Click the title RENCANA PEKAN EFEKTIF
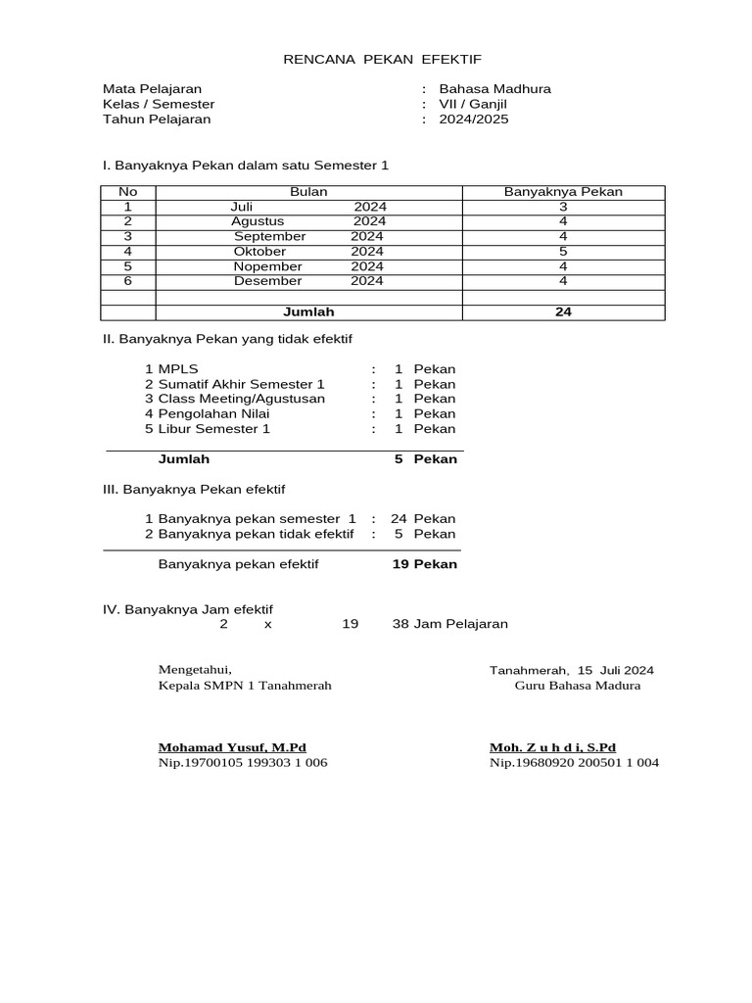(x=382, y=59)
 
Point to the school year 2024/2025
(x=474, y=119)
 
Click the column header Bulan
(x=308, y=192)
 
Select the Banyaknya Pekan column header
(x=563, y=192)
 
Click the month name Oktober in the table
(x=259, y=252)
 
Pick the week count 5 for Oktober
(x=563, y=252)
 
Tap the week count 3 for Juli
(x=563, y=207)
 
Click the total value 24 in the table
(x=563, y=312)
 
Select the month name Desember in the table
(x=267, y=281)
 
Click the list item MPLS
(x=178, y=369)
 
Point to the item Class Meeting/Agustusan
(x=241, y=399)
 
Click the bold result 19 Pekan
(x=424, y=564)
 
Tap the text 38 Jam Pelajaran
(x=450, y=624)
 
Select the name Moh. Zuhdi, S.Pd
(x=552, y=746)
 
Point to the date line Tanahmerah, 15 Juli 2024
(x=572, y=670)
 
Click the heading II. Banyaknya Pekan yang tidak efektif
(x=227, y=338)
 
